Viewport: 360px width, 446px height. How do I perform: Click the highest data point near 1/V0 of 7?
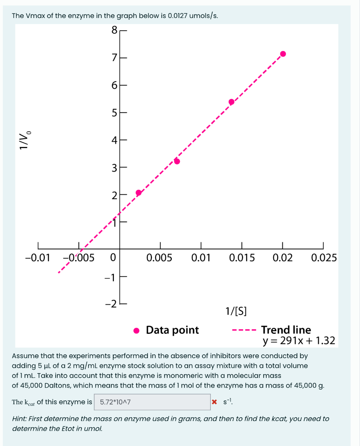pyautogui.click(x=283, y=54)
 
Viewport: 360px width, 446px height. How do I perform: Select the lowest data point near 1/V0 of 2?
pyautogui.click(x=139, y=193)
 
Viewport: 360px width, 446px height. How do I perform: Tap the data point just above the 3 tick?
pyautogui.click(x=177, y=162)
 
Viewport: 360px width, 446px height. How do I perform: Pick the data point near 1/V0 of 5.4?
pyautogui.click(x=232, y=102)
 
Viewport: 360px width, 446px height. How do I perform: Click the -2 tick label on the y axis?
pyautogui.click(x=111, y=303)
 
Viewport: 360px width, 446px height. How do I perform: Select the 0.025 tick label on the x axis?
pyautogui.click(x=323, y=258)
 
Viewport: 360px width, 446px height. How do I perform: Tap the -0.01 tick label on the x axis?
pyautogui.click(x=37, y=258)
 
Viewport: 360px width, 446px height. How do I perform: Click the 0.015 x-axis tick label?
pyautogui.click(x=242, y=258)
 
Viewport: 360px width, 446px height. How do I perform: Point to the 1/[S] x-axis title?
pyautogui.click(x=236, y=311)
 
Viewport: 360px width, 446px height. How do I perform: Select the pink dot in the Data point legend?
pyautogui.click(x=137, y=330)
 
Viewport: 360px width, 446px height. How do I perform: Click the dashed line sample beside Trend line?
pyautogui.click(x=243, y=330)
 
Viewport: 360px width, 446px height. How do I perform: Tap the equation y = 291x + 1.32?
pyautogui.click(x=299, y=341)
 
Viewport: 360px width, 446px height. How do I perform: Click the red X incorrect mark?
pyautogui.click(x=214, y=402)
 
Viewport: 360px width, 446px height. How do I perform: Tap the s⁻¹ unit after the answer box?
pyautogui.click(x=227, y=402)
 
